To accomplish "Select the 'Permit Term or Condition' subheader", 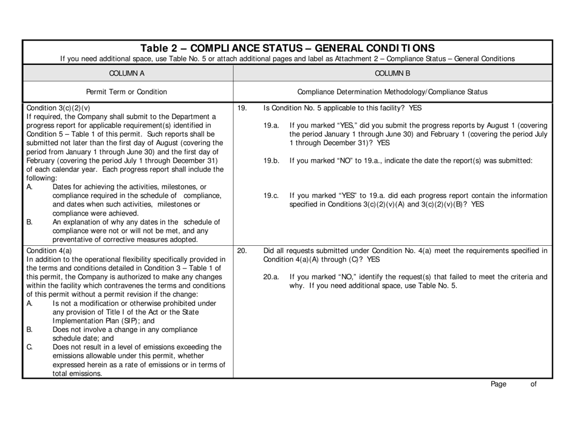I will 127,92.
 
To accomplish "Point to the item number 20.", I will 242,250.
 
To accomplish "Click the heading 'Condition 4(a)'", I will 49,250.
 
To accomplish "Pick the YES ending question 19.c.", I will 477,205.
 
